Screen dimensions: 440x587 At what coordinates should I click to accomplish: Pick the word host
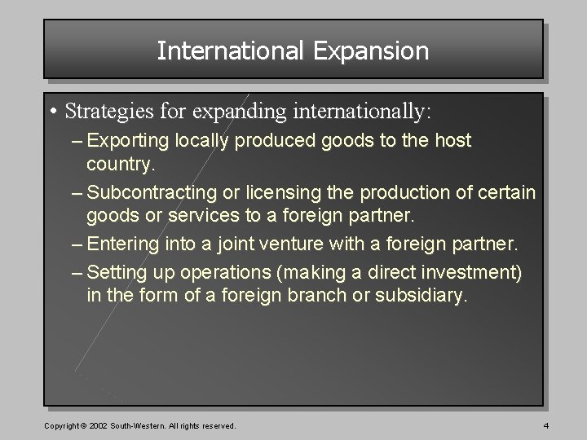pyautogui.click(x=452, y=140)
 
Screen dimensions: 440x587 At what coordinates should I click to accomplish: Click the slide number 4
pyautogui.click(x=545, y=426)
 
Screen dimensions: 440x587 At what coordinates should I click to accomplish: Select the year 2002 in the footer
pyautogui.click(x=97, y=426)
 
